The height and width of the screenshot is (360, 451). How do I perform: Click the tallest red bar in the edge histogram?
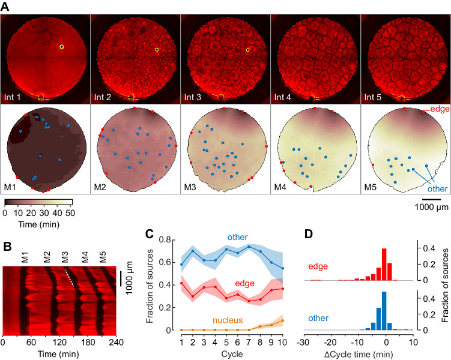pos(384,265)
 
